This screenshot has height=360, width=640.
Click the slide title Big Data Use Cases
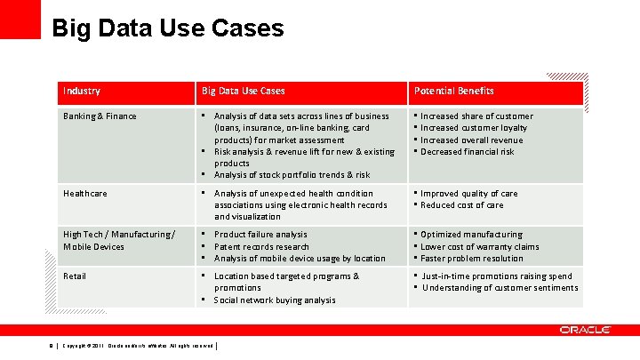pyautogui.click(x=168, y=28)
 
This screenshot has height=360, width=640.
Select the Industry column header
pyautogui.click(x=82, y=91)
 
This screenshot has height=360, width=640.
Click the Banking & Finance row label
pyautogui.click(x=100, y=116)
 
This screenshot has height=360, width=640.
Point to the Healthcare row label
pyautogui.click(x=85, y=193)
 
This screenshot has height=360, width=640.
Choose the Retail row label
pyautogui.click(x=75, y=276)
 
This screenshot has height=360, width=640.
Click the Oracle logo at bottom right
pyautogui.click(x=585, y=330)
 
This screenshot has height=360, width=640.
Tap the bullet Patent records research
pyautogui.click(x=261, y=247)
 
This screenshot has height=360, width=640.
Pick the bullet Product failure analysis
pyautogui.click(x=260, y=235)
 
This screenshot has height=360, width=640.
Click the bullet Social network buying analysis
pyautogui.click(x=275, y=300)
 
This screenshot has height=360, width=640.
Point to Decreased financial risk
pyautogui.click(x=468, y=152)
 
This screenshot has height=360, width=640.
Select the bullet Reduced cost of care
pyautogui.click(x=462, y=205)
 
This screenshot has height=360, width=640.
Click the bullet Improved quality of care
pyautogui.click(x=468, y=193)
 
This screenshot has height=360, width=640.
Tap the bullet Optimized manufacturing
pyautogui.click(x=471, y=235)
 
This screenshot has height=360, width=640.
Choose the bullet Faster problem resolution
pyautogui.click(x=472, y=259)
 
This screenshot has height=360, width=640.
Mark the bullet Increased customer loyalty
pyautogui.click(x=474, y=128)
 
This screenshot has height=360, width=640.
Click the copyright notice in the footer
pyautogui.click(x=138, y=345)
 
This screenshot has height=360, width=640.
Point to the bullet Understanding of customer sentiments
pyautogui.click(x=500, y=288)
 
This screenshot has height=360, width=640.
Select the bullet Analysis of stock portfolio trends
pyautogui.click(x=292, y=175)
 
